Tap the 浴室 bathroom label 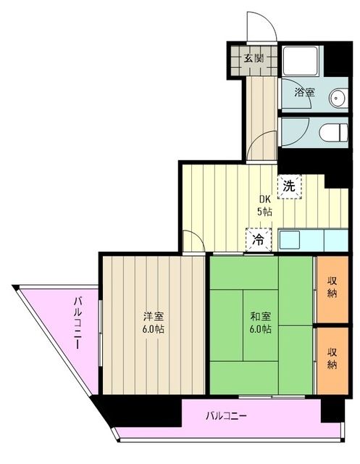[304, 92]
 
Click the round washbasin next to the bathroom [338, 96]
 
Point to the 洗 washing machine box [288, 186]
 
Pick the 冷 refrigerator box [257, 239]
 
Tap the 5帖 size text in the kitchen [264, 212]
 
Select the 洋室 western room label [152, 316]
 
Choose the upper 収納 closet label [332, 286]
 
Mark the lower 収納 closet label [332, 358]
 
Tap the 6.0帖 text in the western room [152, 329]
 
